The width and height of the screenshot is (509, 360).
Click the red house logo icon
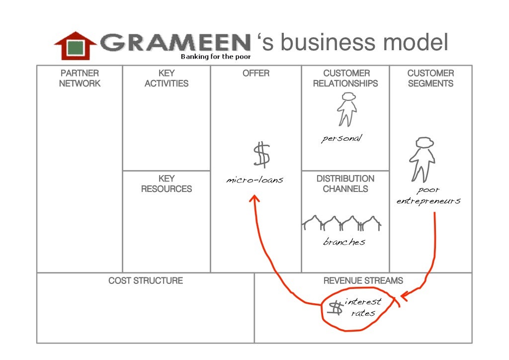[x=76, y=46]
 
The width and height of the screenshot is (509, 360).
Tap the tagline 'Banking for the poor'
[x=216, y=57]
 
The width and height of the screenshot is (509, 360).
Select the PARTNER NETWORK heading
[x=80, y=79]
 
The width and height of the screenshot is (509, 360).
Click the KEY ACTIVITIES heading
[x=167, y=79]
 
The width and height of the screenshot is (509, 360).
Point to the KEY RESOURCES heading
[x=167, y=183]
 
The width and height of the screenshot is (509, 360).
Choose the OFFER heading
[x=256, y=73]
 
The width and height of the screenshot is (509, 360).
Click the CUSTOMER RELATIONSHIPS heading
[x=345, y=79]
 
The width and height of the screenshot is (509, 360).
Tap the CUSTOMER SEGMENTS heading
[x=430, y=79]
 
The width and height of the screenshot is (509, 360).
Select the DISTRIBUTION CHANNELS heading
[x=345, y=183]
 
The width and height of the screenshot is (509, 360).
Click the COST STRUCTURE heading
[x=146, y=281]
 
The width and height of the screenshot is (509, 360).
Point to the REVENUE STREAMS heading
[x=363, y=281]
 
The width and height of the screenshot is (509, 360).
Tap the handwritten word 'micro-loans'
[x=254, y=180]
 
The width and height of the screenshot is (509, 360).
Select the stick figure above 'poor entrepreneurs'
[x=422, y=160]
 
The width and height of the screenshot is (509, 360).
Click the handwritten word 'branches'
[x=344, y=242]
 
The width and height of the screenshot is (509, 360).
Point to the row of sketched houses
[x=341, y=223]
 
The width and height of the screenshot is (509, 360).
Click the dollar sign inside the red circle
[x=337, y=308]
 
